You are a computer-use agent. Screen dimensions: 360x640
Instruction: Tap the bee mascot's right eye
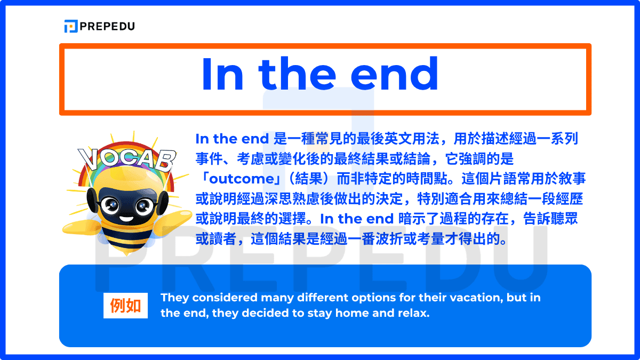(143, 204)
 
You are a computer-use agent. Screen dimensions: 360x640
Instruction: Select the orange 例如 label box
(125, 306)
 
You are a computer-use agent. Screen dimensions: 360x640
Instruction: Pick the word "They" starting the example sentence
(175, 298)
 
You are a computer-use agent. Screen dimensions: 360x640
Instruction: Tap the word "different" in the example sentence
(325, 298)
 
